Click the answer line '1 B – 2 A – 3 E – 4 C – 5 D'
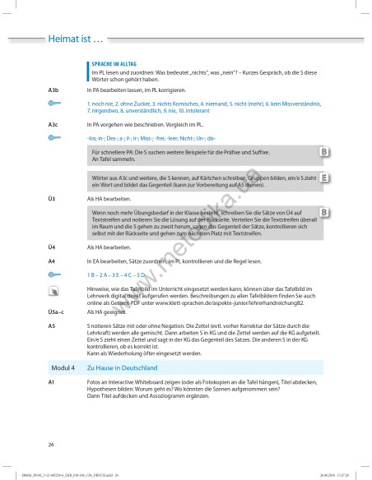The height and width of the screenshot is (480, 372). click(116, 274)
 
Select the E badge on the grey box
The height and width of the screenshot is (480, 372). click(325, 177)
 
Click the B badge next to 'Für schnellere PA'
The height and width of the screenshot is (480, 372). click(325, 153)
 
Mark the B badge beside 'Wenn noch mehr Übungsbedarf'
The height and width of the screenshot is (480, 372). click(325, 212)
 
